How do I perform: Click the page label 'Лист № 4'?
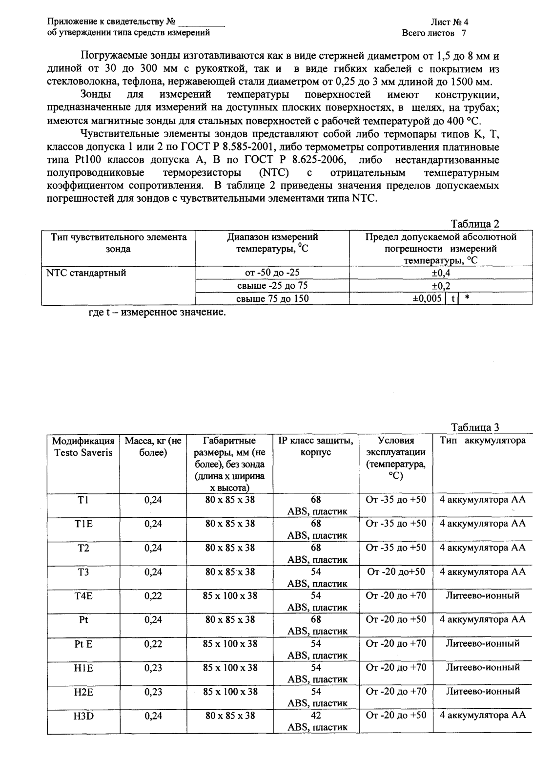[449, 22]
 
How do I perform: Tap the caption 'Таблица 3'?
[475, 427]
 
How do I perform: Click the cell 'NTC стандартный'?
[86, 273]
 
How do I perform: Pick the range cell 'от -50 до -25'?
[272, 273]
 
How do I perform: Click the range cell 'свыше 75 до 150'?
[272, 298]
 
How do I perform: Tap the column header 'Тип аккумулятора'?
[482, 441]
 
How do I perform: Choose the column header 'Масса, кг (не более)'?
[153, 446]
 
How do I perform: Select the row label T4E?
[83, 595]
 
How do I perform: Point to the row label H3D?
[83, 715]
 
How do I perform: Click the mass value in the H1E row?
[153, 667]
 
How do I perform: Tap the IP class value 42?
[316, 715]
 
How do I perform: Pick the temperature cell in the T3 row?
[395, 571]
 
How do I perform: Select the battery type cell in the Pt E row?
[482, 643]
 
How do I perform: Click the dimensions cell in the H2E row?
[230, 691]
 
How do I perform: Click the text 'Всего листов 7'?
[434, 33]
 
